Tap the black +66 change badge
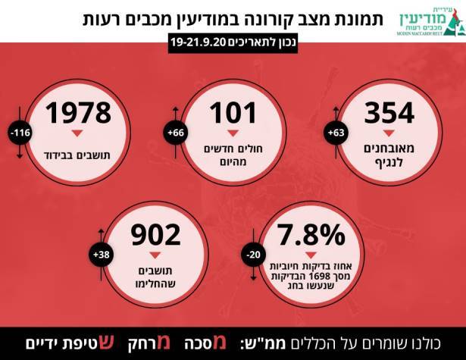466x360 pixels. [177, 133]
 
